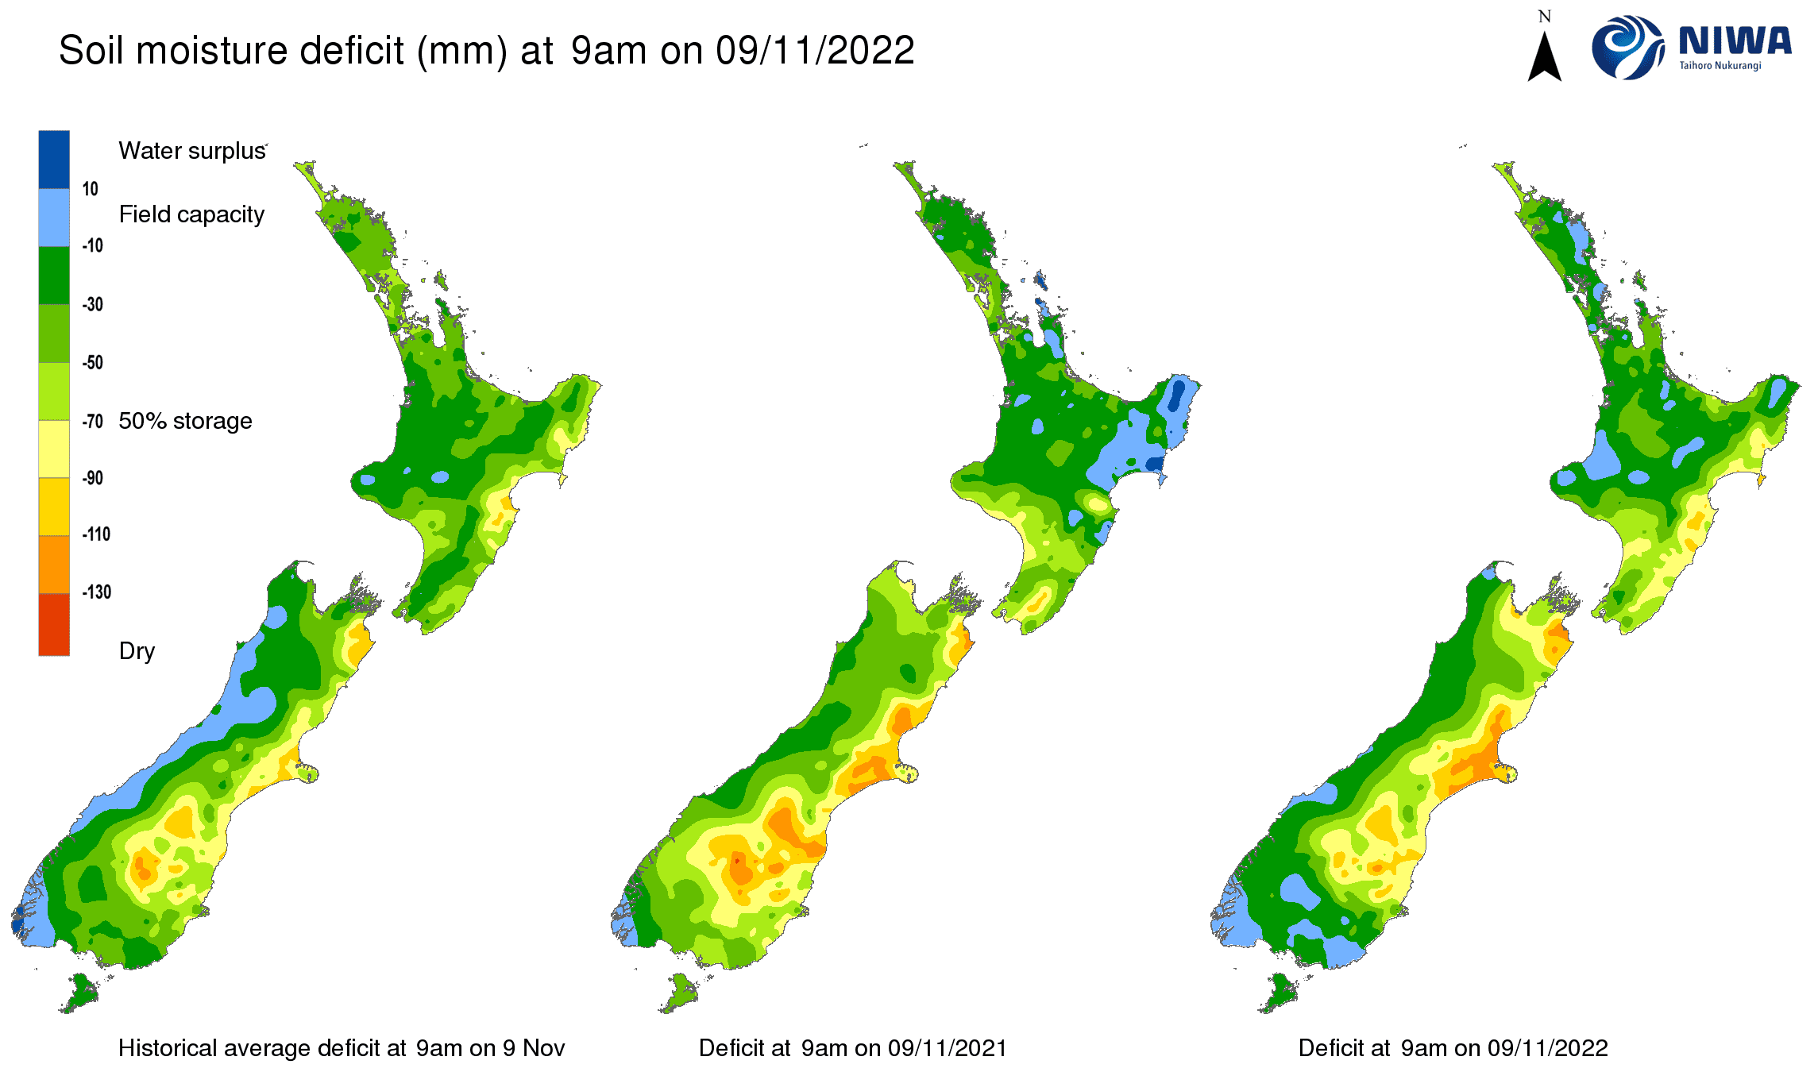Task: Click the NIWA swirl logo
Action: pyautogui.click(x=1627, y=48)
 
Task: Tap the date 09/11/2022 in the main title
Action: pyautogui.click(x=815, y=51)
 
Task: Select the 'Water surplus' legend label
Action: pyautogui.click(x=191, y=151)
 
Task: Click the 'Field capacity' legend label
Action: pyautogui.click(x=191, y=214)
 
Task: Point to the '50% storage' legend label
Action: pyautogui.click(x=185, y=421)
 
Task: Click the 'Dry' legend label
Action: pyautogui.click(x=137, y=651)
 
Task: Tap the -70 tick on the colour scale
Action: pyautogui.click(x=93, y=421)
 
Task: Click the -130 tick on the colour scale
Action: pyautogui.click(x=96, y=592)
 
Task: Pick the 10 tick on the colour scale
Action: pyautogui.click(x=90, y=189)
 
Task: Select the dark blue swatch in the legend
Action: pyautogui.click(x=54, y=159)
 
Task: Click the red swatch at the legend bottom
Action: pyautogui.click(x=54, y=625)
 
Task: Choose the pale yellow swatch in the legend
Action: pyautogui.click(x=54, y=449)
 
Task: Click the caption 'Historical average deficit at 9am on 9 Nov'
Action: pyautogui.click(x=341, y=1048)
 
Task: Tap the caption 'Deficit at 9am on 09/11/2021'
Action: pyautogui.click(x=852, y=1048)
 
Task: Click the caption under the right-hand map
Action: pyautogui.click(x=1453, y=1048)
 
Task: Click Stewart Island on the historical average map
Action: pyautogui.click(x=80, y=993)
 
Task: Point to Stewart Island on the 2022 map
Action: pyautogui.click(x=1280, y=993)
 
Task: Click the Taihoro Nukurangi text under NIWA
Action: pyautogui.click(x=1720, y=66)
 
